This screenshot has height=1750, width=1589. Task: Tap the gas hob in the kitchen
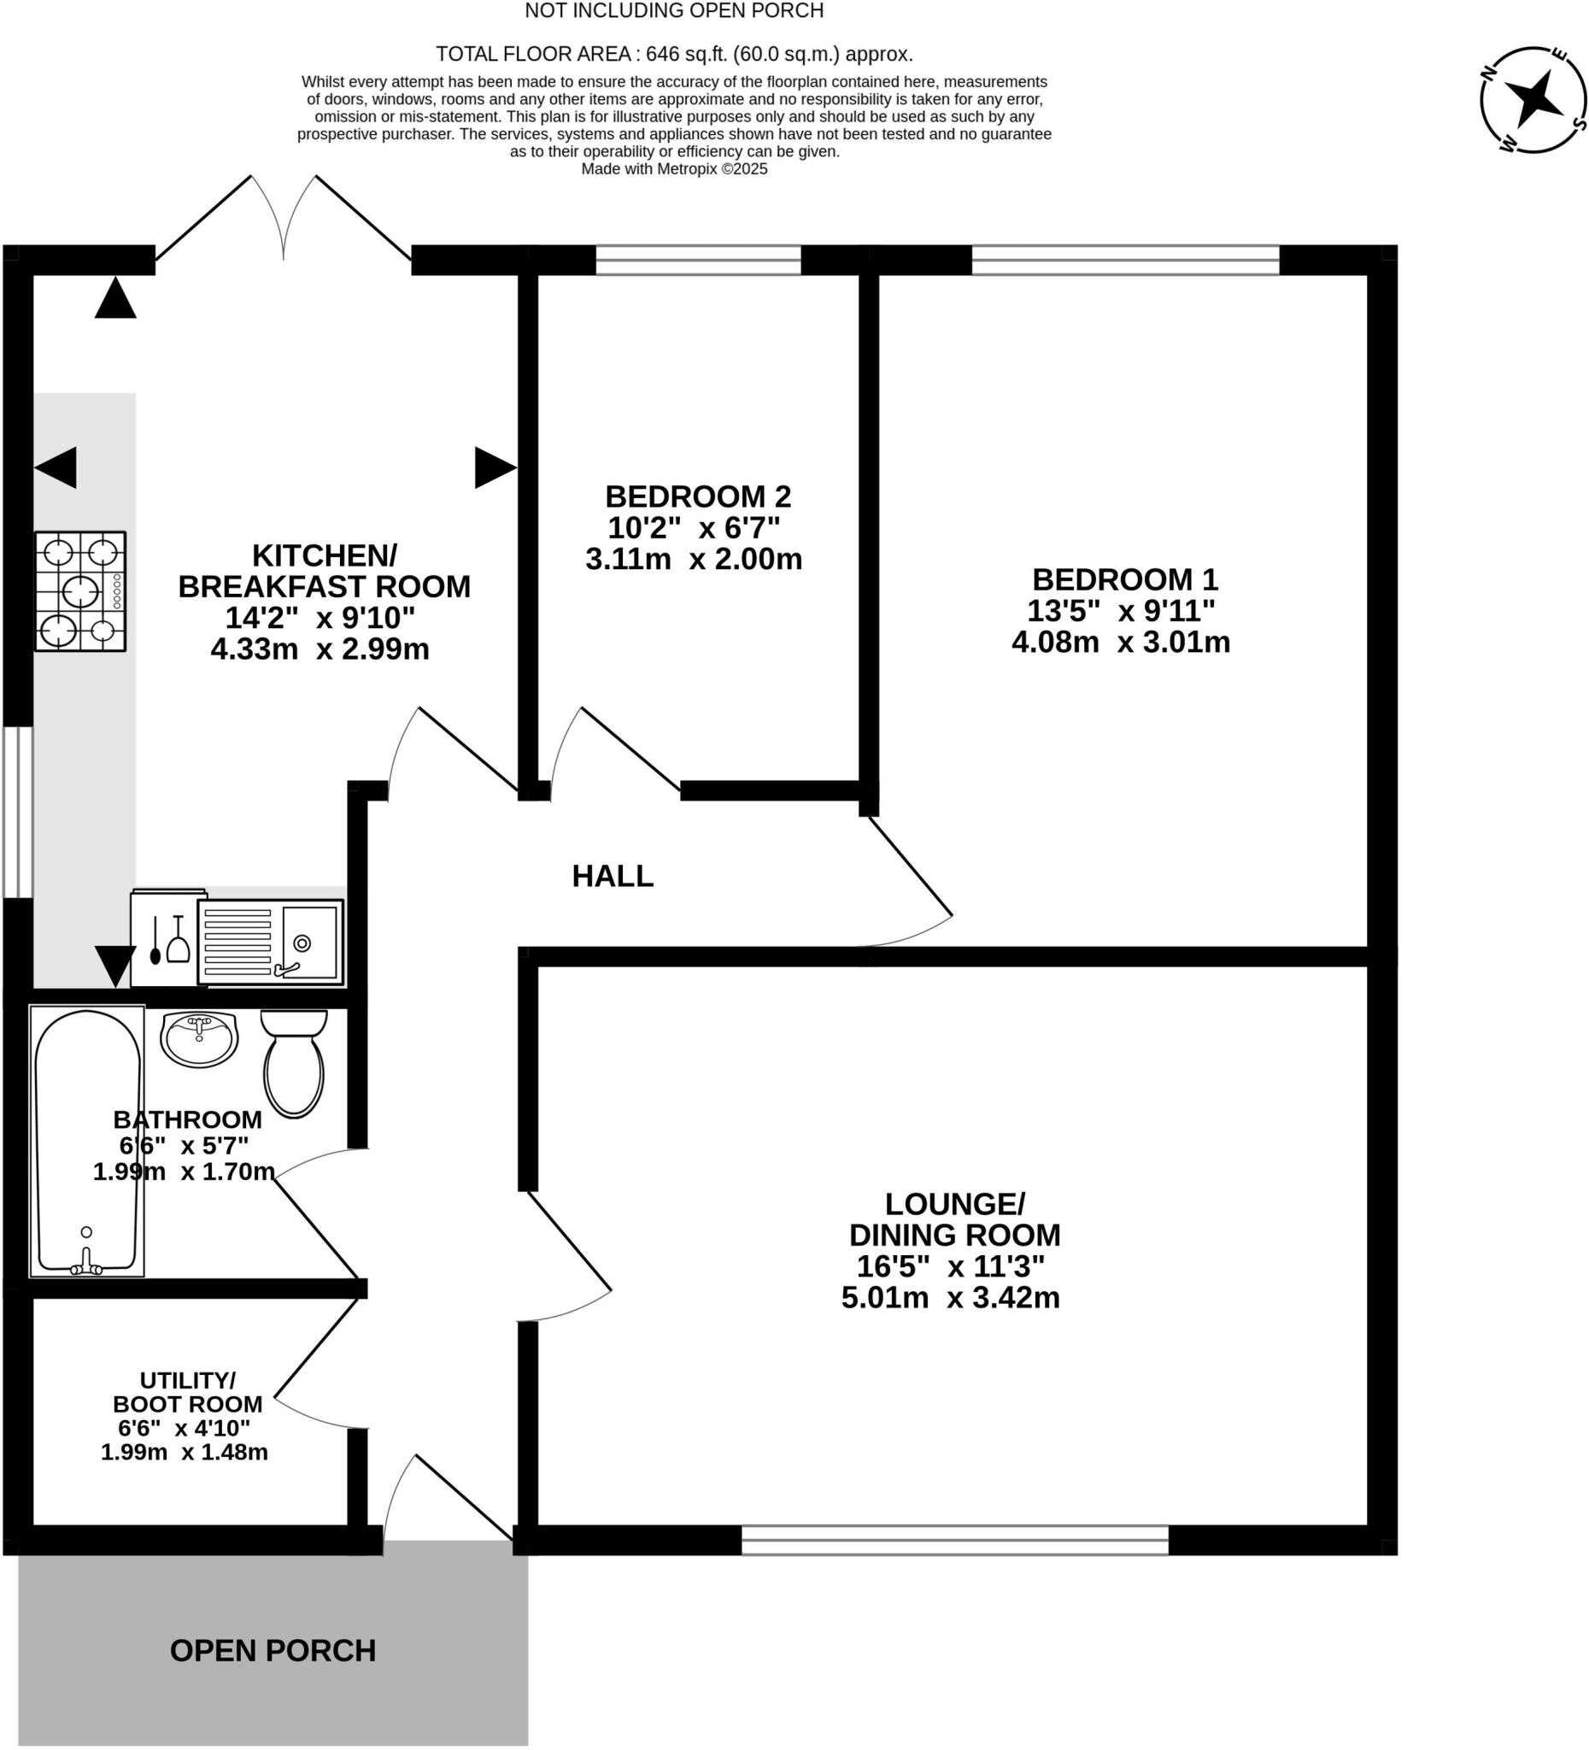coord(79,591)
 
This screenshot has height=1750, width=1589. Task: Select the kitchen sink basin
coord(309,943)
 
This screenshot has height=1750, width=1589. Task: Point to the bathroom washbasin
coord(199,1038)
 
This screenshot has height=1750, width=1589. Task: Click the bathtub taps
coord(86,1268)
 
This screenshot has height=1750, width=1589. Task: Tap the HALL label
coord(612,877)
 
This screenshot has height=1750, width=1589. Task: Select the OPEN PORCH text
coord(273,1650)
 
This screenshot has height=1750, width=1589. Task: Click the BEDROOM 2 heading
coord(698,496)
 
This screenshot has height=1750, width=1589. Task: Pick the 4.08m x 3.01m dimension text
coord(1120,643)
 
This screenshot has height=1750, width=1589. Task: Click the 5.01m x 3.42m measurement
coord(950,1298)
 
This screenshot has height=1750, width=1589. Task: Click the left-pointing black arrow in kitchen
coord(56,468)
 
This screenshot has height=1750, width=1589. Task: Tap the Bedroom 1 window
coord(1125,260)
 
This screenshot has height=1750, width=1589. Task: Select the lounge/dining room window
coord(954,1540)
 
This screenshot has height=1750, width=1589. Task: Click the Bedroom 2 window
coord(698,260)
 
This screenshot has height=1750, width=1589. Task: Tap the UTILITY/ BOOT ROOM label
coord(187,1392)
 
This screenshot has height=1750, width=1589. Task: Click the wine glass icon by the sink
coord(178,941)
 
